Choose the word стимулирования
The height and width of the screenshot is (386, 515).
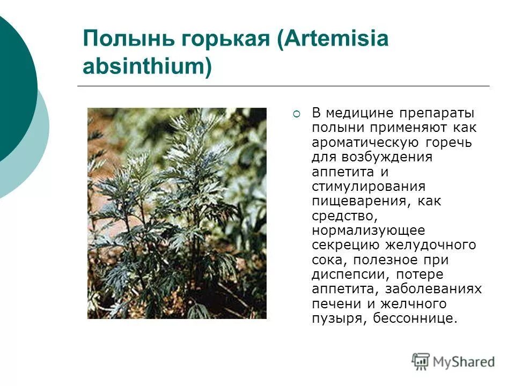tap(369, 187)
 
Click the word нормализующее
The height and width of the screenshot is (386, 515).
tap(368, 231)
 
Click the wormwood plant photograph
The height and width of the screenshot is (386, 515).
tap(177, 213)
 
